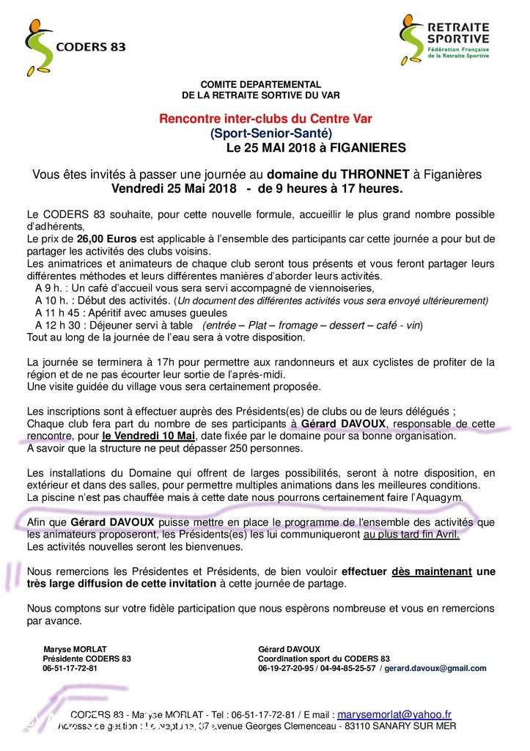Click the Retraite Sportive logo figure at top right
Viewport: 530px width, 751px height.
[412, 37]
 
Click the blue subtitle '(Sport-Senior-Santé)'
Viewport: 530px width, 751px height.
[270, 133]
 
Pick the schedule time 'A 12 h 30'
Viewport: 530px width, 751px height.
[59, 325]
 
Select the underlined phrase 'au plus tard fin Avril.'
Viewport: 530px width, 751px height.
[411, 534]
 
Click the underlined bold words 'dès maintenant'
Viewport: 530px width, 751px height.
[432, 571]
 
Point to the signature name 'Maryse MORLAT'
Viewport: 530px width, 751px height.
[76, 649]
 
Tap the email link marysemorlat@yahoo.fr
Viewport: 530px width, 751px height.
[395, 714]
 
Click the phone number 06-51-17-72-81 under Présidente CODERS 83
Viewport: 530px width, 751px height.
[70, 668]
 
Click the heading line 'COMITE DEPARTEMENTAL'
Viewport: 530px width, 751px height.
[261, 85]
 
